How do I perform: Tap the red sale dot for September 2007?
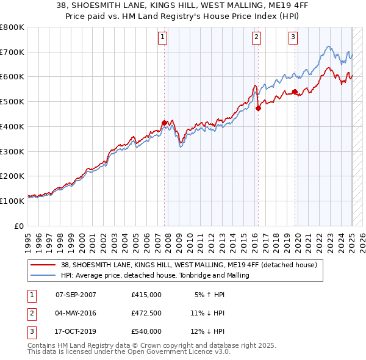click(164, 123)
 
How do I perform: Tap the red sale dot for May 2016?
click(258, 109)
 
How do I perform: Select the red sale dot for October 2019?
click(295, 92)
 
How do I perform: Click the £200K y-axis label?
click(12, 176)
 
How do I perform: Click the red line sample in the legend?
click(43, 265)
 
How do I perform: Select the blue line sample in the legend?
click(43, 276)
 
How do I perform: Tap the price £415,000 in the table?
click(146, 295)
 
